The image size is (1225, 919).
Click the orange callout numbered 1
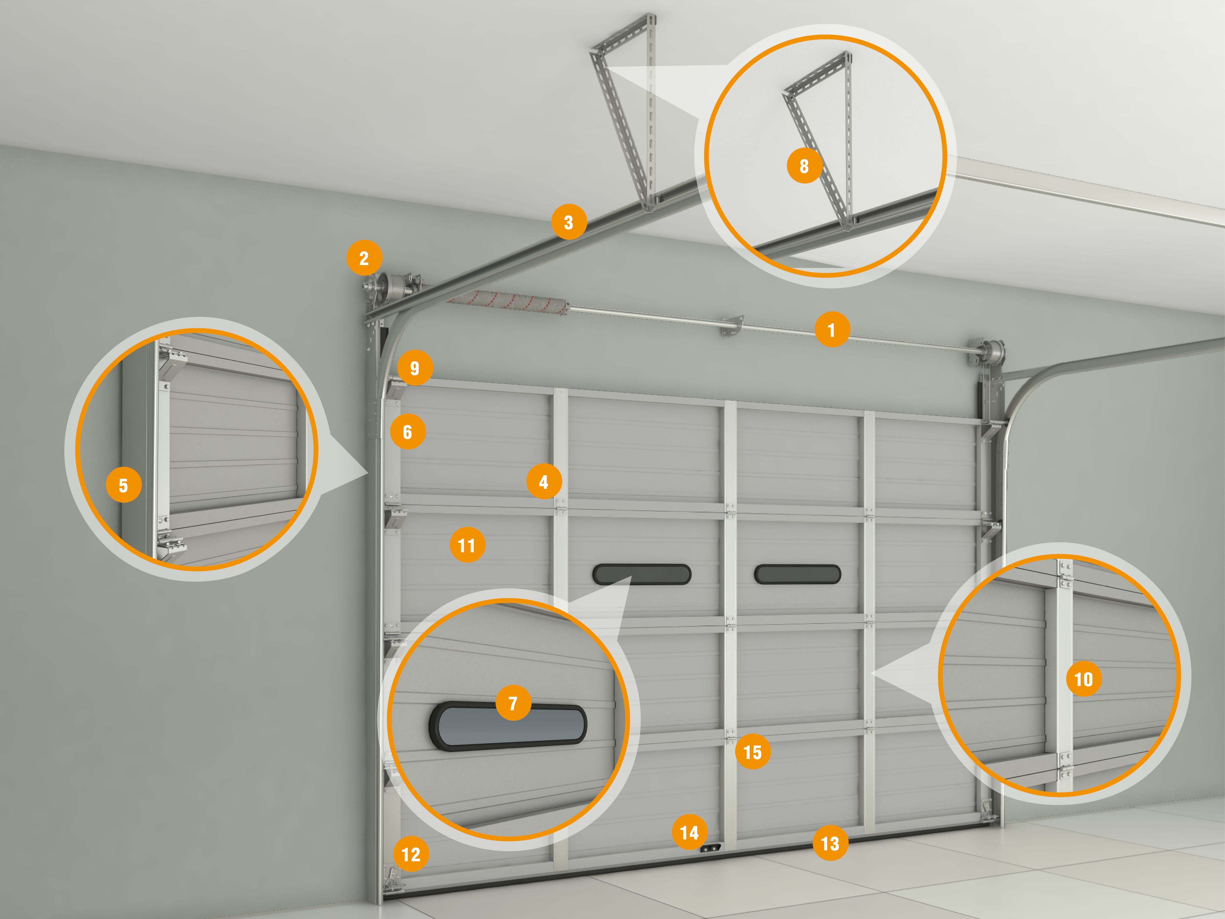click(x=832, y=330)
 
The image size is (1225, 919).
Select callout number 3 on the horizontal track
click(x=569, y=222)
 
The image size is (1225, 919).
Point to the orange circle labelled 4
click(x=544, y=481)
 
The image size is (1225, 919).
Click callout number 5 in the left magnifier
click(x=123, y=485)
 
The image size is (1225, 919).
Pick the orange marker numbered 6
click(x=408, y=432)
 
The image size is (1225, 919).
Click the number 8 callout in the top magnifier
click(x=804, y=166)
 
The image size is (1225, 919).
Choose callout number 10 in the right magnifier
click(x=1084, y=679)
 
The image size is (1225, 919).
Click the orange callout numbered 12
click(x=411, y=854)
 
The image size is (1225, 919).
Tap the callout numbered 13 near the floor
click(x=830, y=843)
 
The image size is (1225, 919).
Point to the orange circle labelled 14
click(x=690, y=832)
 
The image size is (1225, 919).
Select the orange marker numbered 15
click(x=753, y=752)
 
